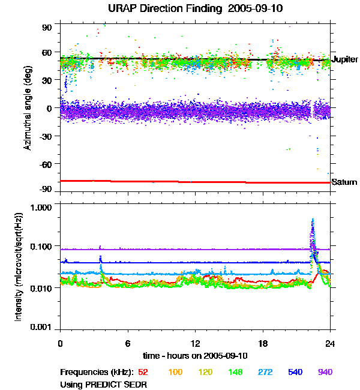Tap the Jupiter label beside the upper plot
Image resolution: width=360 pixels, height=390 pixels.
point(344,59)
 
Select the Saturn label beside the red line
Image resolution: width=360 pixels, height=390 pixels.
point(344,182)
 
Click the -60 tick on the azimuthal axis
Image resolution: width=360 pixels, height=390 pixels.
point(46,163)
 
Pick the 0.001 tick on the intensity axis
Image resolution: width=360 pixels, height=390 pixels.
point(43,328)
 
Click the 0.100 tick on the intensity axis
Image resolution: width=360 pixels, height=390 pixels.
point(43,246)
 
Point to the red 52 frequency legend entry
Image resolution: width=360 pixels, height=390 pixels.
point(144,372)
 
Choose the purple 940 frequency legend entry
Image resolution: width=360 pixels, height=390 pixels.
point(325,372)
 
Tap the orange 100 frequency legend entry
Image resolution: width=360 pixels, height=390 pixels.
point(175,372)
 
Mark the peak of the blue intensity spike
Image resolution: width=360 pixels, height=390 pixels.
point(313,220)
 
